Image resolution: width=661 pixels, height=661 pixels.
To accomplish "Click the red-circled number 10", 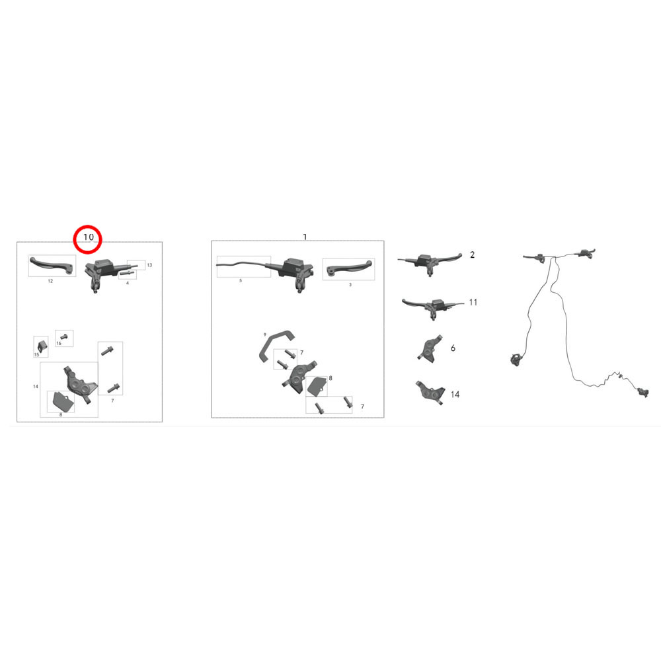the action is [89, 237].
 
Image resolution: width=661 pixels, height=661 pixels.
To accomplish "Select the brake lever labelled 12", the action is [52, 265].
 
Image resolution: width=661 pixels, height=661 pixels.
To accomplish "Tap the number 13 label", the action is [149, 265].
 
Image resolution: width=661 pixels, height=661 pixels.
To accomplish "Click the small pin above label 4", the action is [128, 274].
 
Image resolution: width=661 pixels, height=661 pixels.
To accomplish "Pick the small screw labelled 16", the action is [64, 336].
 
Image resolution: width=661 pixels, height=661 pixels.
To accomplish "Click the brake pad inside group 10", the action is [62, 402].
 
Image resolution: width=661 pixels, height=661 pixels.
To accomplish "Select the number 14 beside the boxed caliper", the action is [36, 386].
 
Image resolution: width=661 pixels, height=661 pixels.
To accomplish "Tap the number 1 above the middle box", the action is [305, 237].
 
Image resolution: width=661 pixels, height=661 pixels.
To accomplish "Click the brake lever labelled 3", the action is [349, 268].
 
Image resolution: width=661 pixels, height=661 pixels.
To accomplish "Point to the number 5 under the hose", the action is [241, 280].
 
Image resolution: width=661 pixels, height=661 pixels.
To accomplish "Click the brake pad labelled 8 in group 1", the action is [317, 386].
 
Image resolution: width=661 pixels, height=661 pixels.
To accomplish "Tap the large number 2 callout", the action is [472, 254].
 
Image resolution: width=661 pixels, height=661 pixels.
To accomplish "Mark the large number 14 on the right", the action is [455, 394].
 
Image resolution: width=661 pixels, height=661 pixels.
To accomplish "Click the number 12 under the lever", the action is [50, 281].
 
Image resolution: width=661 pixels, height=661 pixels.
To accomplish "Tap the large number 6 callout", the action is [453, 348].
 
